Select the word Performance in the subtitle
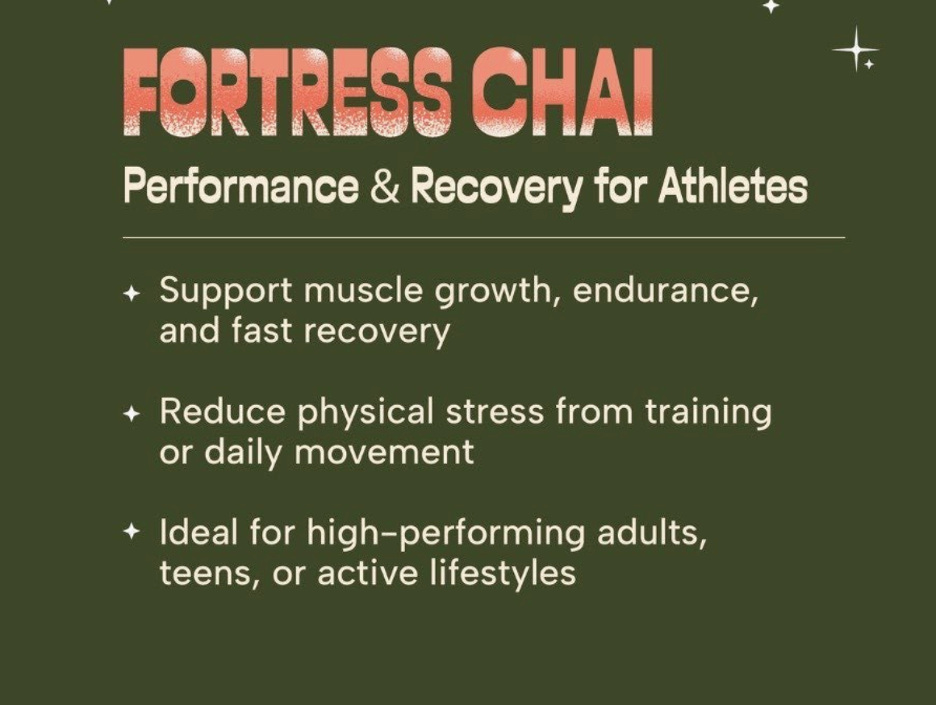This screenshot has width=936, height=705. (240, 188)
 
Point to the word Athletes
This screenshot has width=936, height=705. (732, 188)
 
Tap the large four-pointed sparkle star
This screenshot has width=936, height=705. (855, 49)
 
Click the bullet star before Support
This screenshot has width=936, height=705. (132, 294)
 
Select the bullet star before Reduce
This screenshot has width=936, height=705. (132, 415)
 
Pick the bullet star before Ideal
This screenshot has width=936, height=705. (132, 532)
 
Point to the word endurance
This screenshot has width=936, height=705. (665, 290)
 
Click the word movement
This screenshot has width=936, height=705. (383, 452)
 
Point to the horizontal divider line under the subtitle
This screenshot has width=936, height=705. (483, 238)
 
